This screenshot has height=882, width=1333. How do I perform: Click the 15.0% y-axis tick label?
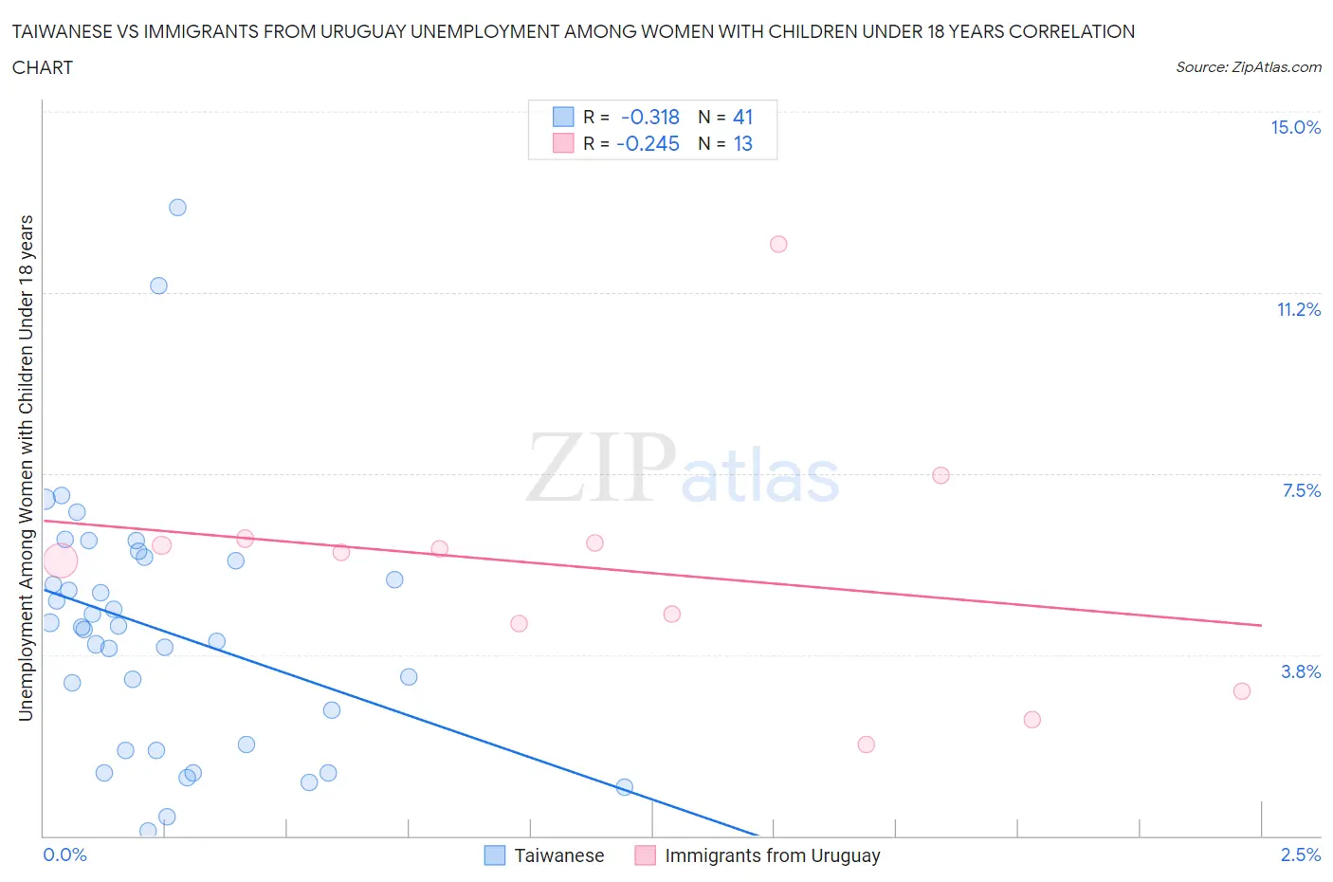pos(1295,128)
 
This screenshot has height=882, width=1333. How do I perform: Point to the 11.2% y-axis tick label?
pos(1298,310)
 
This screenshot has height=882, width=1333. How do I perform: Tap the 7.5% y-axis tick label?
pos(1301,490)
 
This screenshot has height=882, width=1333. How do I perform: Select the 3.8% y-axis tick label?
pos(1300,671)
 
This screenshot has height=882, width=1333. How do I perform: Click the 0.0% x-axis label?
pos(64,854)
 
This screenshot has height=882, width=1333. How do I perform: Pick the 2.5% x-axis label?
pos(1300,854)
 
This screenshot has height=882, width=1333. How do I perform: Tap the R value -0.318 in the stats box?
pos(649,118)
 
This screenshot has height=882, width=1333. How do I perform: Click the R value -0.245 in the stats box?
pos(648,144)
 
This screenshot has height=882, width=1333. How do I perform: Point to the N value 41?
pos(742,118)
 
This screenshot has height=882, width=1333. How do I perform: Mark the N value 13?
pos(742,144)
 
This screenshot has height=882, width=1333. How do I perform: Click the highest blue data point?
pos(177,208)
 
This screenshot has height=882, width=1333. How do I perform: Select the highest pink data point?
pos(778,245)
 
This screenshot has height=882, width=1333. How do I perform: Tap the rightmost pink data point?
pos(1242,691)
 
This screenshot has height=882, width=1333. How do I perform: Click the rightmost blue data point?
pos(624,787)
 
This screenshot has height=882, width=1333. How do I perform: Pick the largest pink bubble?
pos(60,561)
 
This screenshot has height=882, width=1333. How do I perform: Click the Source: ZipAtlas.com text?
pos(1248,67)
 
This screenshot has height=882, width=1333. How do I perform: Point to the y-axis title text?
pos(27,468)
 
